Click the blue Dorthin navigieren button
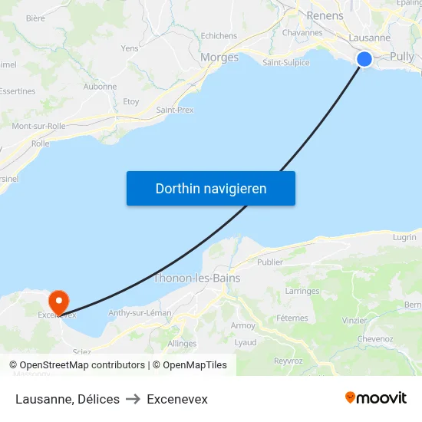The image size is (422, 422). [x=211, y=188]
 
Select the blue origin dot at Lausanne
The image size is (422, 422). [x=364, y=59]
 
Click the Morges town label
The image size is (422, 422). [x=219, y=57]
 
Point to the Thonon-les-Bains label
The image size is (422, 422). [x=197, y=278]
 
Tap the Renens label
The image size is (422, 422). [x=325, y=15]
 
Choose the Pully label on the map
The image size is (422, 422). [x=401, y=56]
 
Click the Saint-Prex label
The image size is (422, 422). [x=175, y=110]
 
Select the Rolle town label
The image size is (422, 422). [x=40, y=143]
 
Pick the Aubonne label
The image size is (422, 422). [x=100, y=87]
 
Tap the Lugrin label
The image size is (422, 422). [x=404, y=237]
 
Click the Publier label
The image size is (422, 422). [x=270, y=262]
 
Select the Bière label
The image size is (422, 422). [x=35, y=18]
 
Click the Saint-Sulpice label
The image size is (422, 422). [x=286, y=63]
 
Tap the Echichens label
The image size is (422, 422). [x=219, y=35]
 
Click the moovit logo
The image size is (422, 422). [x=375, y=398]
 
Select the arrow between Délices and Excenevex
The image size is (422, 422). [x=133, y=399]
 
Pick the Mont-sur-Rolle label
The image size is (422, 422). [x=38, y=126]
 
